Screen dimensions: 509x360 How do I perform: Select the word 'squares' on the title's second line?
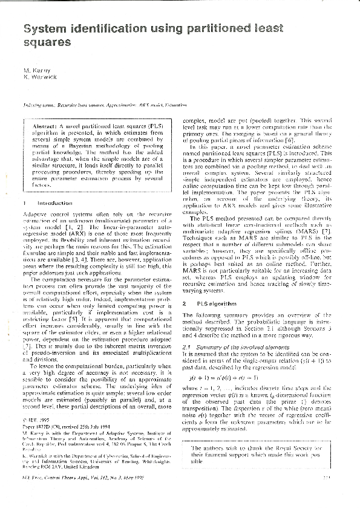[47, 42]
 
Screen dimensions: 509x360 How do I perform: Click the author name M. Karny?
[37, 71]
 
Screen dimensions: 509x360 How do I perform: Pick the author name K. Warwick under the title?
[40, 78]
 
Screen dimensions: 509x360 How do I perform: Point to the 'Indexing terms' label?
[39, 104]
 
